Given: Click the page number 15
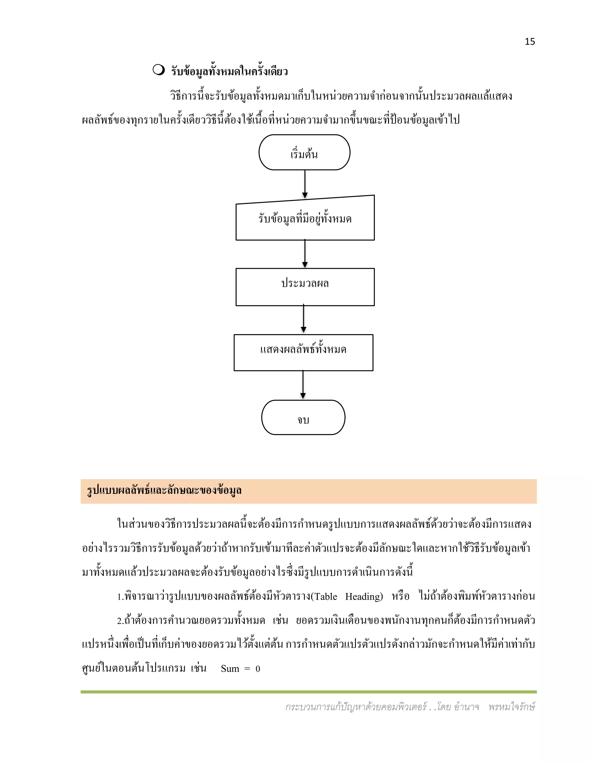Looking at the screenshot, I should coord(530,42).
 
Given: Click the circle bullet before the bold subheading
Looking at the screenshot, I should coord(158,70).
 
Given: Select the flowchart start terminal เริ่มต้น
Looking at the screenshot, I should coord(304,153).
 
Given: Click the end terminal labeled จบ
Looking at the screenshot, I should coord(303,417).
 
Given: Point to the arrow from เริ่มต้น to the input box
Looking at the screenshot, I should coord(305,184).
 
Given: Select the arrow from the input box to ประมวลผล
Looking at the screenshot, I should coord(305,254).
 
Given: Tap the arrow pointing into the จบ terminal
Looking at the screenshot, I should coord(303,385).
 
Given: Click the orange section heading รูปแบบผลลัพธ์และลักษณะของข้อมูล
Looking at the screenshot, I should coord(164,491).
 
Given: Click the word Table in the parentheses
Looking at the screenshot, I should coord(326,596).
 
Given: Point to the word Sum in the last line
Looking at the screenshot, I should coord(230,669).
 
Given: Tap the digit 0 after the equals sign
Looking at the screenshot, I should coord(258,669).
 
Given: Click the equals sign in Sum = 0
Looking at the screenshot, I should coord(247,669).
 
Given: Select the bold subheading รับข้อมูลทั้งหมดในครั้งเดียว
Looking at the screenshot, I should coord(229,71).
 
